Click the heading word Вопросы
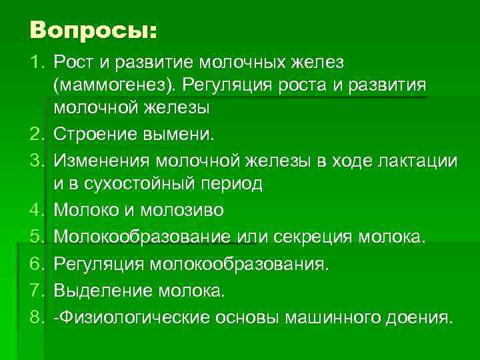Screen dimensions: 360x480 coord(93,31)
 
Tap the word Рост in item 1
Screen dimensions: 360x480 coord(74,63)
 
